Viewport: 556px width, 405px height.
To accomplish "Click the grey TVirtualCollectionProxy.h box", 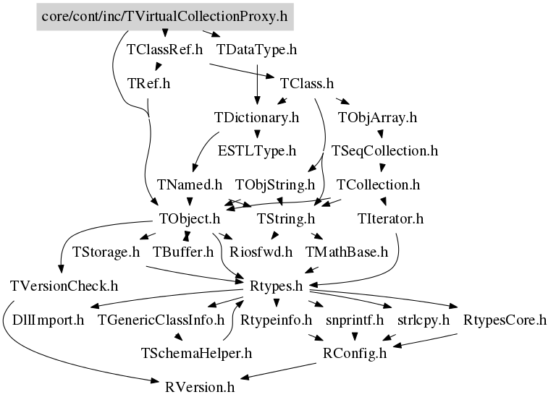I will point(166,15).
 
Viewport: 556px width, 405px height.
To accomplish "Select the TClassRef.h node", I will point(164,51).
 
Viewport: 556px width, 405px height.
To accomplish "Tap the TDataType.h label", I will point(257,51).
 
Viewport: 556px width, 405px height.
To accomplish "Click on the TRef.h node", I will point(148,84).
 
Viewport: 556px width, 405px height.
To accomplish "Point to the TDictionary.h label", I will point(257,117).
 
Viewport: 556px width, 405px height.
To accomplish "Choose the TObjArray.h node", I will point(377,117).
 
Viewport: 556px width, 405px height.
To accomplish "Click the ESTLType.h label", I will point(257,151).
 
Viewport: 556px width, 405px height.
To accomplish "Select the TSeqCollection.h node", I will point(384,151).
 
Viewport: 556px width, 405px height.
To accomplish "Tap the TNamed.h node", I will point(190,185).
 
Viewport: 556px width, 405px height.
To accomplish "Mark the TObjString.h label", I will point(275,185).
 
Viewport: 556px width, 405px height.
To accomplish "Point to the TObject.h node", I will point(190,218).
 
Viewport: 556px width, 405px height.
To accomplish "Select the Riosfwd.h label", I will point(261,252).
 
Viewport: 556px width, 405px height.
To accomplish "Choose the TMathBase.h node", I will point(347,252).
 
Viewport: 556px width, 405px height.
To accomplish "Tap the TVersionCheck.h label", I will point(64,286).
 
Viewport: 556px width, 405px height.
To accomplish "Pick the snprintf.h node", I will point(354,320).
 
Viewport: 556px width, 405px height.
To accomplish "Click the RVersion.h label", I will point(200,387).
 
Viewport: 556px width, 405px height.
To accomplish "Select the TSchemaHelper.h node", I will point(195,353).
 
